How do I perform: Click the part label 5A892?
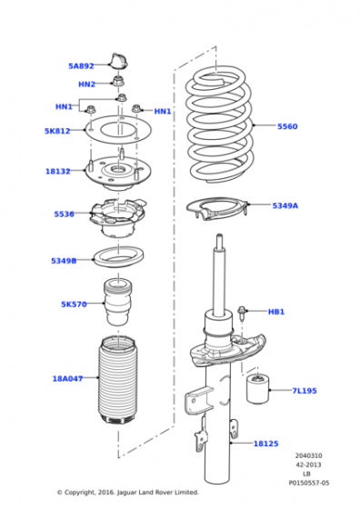[x=81, y=65]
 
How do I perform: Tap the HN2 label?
[x=86, y=85]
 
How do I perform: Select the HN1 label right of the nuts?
[x=163, y=111]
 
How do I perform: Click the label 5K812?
[x=57, y=131]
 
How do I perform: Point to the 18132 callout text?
[x=58, y=171]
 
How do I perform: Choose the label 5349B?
[x=64, y=261]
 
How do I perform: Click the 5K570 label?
[x=74, y=304]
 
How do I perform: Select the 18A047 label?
[x=67, y=378]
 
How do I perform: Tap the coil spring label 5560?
[x=287, y=126]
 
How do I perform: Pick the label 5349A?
[x=285, y=205]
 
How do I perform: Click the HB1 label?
[x=276, y=312]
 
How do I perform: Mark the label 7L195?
[x=305, y=391]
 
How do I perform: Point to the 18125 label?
[x=265, y=444]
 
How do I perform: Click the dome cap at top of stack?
[x=119, y=62]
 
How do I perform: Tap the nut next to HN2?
[x=118, y=80]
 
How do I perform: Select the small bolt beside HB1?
[x=242, y=312]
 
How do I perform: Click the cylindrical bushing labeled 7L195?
[x=258, y=388]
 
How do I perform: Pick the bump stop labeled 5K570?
[x=118, y=302]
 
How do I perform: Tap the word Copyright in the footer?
[x=79, y=493]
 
